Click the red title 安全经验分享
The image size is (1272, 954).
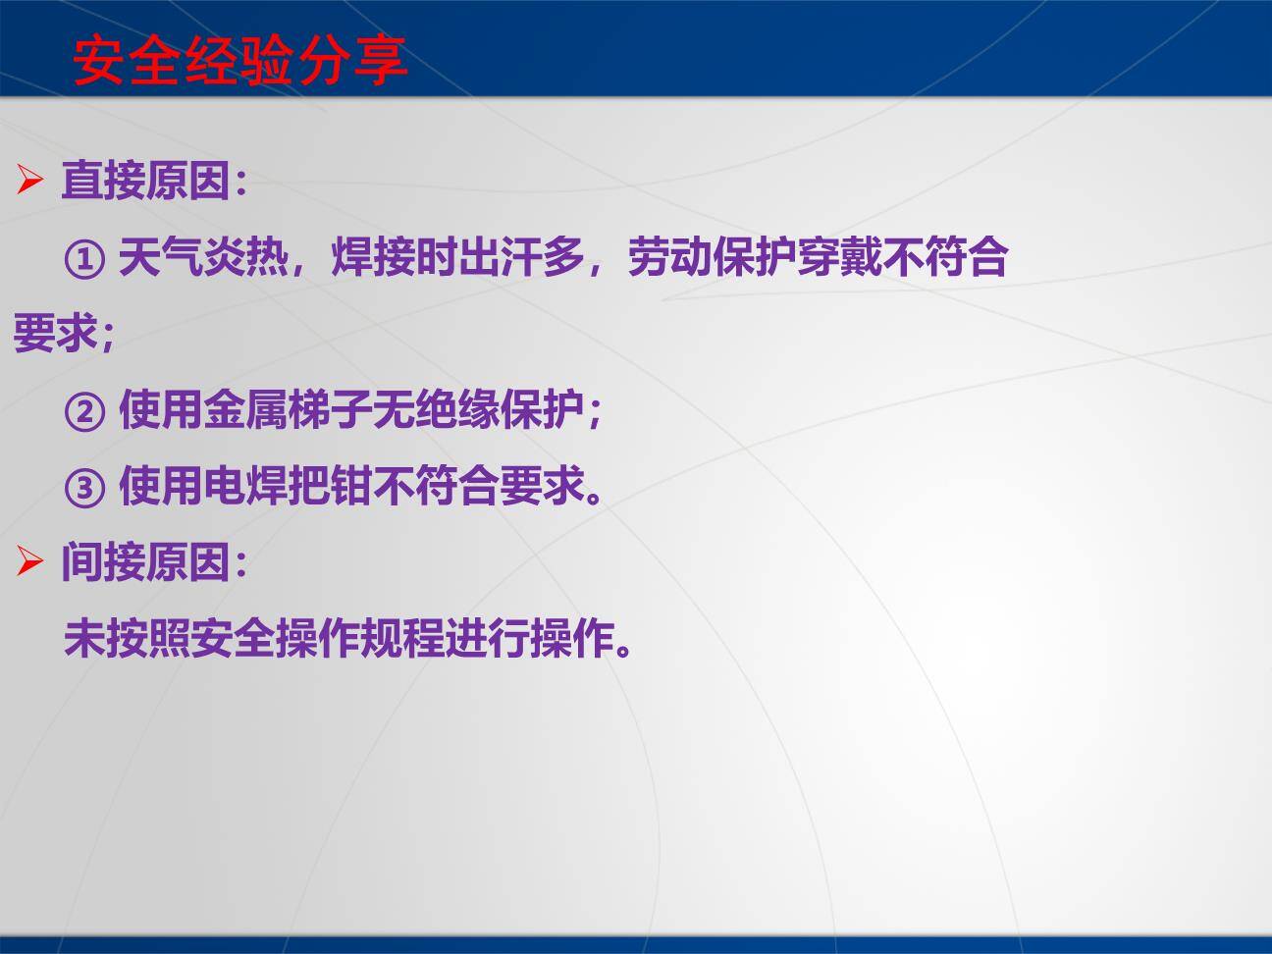point(240,61)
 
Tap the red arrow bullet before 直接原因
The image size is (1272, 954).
point(29,181)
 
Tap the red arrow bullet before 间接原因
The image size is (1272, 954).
point(29,562)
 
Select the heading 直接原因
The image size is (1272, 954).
point(145,181)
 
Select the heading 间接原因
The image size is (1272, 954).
point(145,562)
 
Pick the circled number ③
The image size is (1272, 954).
point(84,487)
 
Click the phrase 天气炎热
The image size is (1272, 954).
point(203,258)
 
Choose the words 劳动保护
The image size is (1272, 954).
point(711,258)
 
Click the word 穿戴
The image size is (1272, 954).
point(838,258)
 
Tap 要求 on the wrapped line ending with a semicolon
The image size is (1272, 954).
point(55,334)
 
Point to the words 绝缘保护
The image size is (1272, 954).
point(500,410)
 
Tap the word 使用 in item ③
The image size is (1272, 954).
point(160,486)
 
